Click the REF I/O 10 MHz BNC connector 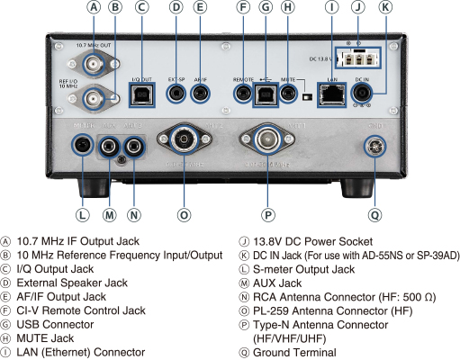click(x=94, y=96)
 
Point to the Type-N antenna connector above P click(x=266, y=142)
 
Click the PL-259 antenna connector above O click(x=185, y=140)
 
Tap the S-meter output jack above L click(x=83, y=144)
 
